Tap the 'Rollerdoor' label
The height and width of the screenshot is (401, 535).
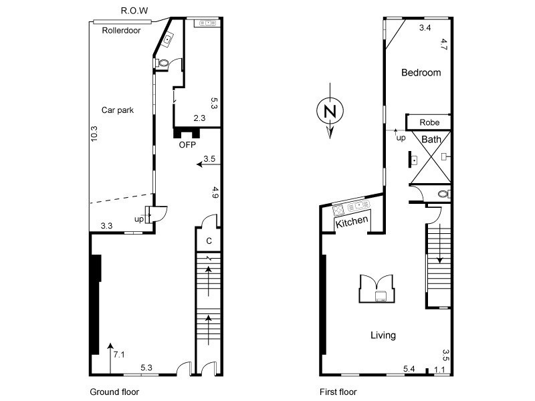pos(121,30)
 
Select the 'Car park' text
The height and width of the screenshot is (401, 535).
pos(118,110)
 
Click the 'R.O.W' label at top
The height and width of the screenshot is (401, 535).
pos(134,11)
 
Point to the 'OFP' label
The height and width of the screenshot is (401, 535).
pos(187,144)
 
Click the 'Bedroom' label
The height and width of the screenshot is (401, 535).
pos(421,73)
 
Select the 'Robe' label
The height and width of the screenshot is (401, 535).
pos(429,122)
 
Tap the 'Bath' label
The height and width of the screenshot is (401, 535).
pos(431,140)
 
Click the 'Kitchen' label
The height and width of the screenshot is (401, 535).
pos(352,223)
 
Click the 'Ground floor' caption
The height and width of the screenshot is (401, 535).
pos(114,392)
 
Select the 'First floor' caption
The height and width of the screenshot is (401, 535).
pos(338,392)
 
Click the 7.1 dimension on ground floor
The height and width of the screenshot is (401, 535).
pos(119,354)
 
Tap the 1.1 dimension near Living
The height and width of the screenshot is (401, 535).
pos(439,368)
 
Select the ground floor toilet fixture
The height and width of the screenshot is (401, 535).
pos(160,63)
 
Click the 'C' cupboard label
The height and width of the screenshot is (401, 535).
pos(209,241)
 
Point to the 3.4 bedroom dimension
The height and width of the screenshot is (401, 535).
pos(425,28)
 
